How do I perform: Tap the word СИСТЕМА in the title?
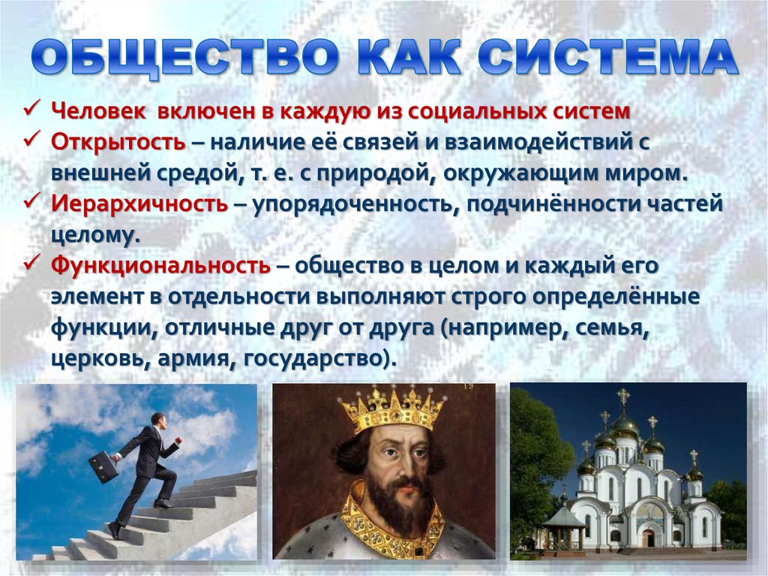tap(607, 57)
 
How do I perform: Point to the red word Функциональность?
tap(160, 264)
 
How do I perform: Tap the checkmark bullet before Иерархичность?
tap(34, 202)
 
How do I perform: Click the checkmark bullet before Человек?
tap(34, 110)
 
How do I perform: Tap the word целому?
tap(94, 234)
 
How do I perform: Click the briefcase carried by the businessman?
tap(103, 466)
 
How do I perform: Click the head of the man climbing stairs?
tap(158, 420)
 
